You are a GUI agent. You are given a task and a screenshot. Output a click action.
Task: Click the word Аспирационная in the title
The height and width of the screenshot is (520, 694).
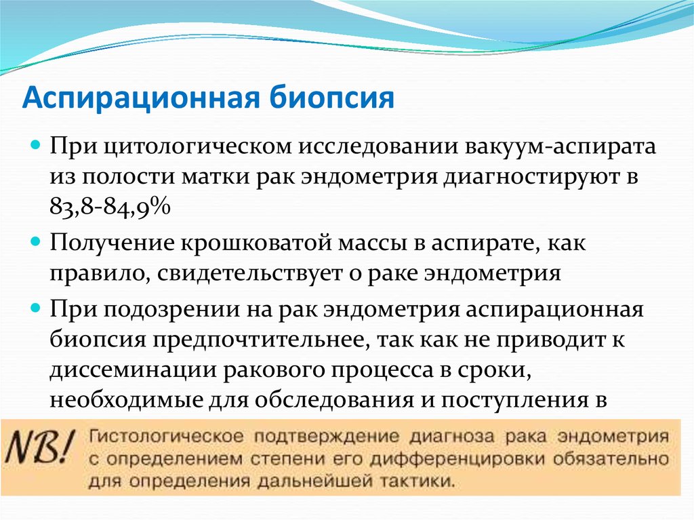[x=140, y=98]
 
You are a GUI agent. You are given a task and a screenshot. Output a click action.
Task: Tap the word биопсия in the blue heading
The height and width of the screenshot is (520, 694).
[x=331, y=98]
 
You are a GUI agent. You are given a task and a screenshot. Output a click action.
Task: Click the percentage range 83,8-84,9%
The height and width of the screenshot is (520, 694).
[x=110, y=206]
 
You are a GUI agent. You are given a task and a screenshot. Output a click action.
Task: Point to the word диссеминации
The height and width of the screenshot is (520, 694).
[x=134, y=371]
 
